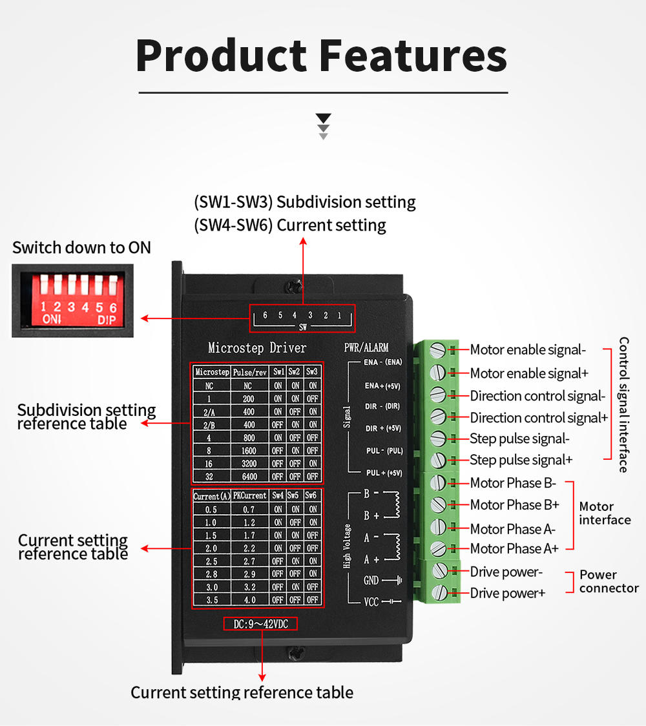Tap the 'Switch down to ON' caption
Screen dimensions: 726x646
81,247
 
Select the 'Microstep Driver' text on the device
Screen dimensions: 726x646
257,348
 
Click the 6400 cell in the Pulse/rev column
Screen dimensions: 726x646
248,477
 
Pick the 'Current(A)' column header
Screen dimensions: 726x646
211,496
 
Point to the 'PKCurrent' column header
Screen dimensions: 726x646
249,496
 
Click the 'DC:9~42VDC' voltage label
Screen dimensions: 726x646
262,624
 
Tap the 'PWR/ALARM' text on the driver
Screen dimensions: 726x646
366,347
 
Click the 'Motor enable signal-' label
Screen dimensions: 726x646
528,350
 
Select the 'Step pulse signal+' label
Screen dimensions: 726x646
521,460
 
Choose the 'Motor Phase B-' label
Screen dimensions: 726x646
513,482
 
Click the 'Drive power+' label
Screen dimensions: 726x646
508,593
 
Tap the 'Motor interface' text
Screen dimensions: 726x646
605,513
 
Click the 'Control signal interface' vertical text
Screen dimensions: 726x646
623,404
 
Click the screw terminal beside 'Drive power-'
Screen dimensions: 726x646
439,570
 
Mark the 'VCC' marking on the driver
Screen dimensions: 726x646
371,602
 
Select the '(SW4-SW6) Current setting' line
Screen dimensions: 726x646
290,225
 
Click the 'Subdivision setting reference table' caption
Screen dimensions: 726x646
87,417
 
